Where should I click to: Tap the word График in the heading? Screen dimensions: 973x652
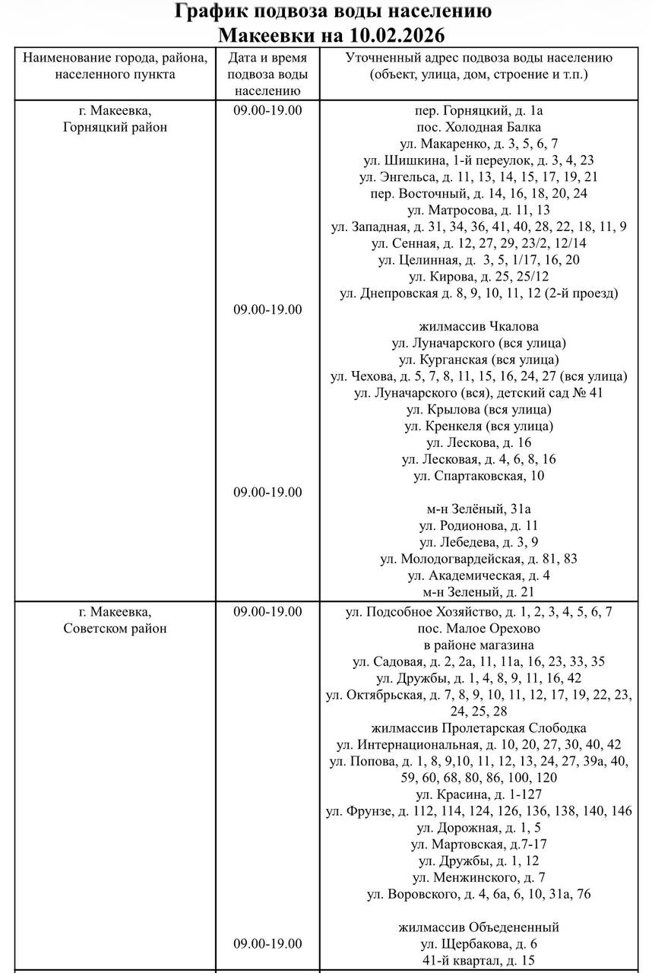point(214,12)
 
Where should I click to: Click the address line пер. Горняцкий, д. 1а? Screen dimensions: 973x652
point(479,110)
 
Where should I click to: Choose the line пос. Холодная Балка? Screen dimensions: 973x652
point(479,127)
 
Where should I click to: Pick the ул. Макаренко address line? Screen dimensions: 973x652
point(479,144)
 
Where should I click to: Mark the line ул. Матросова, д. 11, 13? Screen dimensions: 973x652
point(479,210)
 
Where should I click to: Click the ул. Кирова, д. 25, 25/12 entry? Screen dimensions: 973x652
point(479,276)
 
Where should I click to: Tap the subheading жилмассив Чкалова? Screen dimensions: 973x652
point(479,326)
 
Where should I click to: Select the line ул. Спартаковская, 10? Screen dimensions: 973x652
point(479,476)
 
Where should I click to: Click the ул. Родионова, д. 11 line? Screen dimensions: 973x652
point(479,525)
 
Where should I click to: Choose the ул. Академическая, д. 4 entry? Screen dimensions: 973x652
point(479,575)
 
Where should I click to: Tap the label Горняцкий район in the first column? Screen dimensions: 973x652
point(115,127)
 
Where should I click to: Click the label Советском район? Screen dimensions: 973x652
point(115,629)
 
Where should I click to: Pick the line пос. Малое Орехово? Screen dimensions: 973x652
point(479,629)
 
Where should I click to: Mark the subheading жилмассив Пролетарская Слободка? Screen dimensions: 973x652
point(479,728)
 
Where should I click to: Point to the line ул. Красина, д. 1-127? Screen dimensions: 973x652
point(479,794)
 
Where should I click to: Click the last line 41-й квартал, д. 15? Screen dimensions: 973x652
point(479,960)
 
